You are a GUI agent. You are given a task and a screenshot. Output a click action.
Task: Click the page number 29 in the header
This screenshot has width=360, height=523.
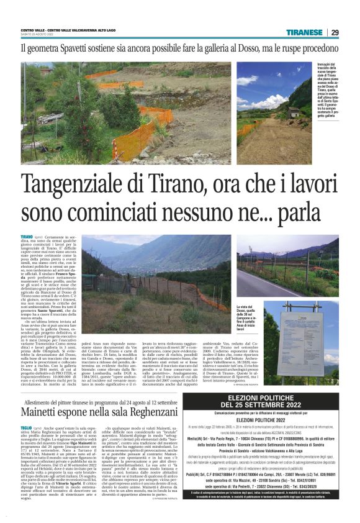tap(335, 32)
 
